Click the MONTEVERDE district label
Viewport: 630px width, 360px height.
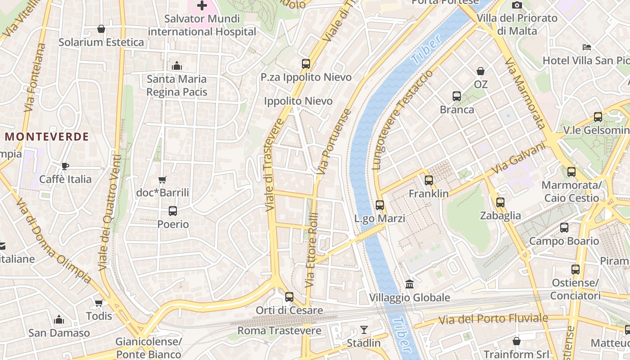coord(47,137)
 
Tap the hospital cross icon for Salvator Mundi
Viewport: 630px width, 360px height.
coord(202,6)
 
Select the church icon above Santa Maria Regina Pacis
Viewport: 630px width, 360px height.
coord(177,66)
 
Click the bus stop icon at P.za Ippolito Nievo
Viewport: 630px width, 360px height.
coord(306,63)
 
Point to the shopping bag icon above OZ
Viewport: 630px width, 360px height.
coord(481,71)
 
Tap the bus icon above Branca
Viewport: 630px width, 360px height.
coord(457,96)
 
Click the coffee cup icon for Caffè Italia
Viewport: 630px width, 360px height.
coord(65,166)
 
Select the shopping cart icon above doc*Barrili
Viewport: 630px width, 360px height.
coord(162,180)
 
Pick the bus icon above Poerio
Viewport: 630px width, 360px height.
coord(173,211)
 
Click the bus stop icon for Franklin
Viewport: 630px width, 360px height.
coord(429,180)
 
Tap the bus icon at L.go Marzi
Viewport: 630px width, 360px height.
coord(380,205)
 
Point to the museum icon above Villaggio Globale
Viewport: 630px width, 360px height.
coord(409,284)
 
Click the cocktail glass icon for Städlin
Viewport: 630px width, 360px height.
coord(364,330)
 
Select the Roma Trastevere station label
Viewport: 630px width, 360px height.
coord(279,331)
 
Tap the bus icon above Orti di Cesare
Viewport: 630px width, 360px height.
coord(289,297)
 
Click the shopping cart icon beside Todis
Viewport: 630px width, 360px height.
coord(99,303)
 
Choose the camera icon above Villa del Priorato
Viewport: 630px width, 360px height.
coord(517,5)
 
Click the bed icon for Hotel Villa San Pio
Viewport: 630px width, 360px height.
coord(586,47)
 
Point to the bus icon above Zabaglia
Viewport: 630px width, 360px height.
coord(500,202)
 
